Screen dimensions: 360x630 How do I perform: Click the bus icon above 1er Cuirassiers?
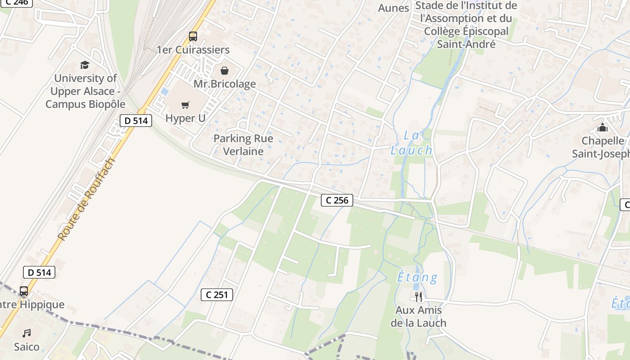coord(193,36)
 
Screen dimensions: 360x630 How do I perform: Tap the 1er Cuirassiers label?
coord(193,50)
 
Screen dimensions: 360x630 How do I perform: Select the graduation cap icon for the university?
coord(85,65)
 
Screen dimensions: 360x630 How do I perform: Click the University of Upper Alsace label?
coord(85,91)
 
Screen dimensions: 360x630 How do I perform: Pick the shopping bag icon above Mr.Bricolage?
coord(224,71)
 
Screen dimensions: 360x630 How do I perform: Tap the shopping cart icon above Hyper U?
coord(185,105)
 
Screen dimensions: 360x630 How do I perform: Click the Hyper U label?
coord(185,118)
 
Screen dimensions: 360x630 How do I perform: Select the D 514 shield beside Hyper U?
coord(136,121)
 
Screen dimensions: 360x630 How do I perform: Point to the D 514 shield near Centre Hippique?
coord(39,272)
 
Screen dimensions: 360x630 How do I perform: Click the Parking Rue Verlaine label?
coord(243,145)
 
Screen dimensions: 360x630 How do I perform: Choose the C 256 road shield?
coord(337,200)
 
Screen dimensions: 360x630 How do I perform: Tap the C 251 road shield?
coord(216,295)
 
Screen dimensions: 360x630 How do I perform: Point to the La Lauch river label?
coord(411,143)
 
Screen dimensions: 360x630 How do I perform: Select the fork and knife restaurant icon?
coord(418,297)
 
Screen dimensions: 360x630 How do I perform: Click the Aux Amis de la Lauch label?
coord(418,317)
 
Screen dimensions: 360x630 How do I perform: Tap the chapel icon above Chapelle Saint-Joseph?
coord(603,128)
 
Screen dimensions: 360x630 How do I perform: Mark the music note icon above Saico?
coord(27,333)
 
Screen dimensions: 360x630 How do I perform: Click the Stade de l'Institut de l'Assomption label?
coord(467,25)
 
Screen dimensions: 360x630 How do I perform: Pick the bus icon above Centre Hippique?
coord(24,291)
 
